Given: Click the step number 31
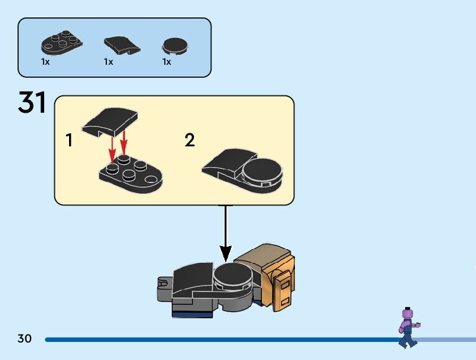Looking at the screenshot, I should (33, 103).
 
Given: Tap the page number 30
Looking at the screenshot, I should (25, 339).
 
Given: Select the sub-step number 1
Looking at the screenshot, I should (69, 141).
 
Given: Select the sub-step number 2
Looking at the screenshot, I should (190, 141).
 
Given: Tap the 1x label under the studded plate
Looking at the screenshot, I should (45, 62).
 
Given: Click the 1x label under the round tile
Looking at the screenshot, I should (167, 62).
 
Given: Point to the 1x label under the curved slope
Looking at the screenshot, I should (109, 62).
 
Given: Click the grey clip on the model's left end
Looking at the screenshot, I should (163, 285).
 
